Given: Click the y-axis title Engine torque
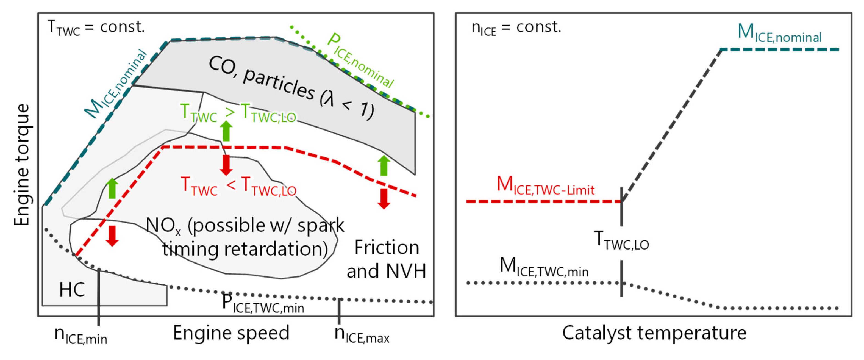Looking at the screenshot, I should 21,164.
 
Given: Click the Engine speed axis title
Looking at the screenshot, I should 231,333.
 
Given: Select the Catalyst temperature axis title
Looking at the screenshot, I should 654,333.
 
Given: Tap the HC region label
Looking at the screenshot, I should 72,290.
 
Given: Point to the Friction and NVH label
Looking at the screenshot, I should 386,259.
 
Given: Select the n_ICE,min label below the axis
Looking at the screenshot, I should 80,335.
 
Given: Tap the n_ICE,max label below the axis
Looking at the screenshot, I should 362,334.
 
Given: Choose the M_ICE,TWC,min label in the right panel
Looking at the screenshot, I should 544,267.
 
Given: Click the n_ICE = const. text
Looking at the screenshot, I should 516,27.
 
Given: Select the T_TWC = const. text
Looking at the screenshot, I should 96,27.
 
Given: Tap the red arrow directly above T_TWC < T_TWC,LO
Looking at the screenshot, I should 226,165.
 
